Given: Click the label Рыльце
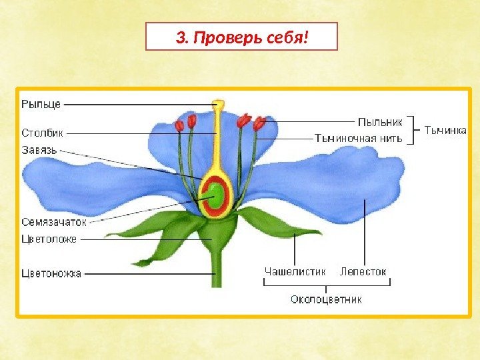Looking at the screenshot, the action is pos(41,103).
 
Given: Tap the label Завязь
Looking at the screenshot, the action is pos(40,150).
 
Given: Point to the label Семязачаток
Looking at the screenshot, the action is pos(54,222).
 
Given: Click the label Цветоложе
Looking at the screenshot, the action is pos(49,239).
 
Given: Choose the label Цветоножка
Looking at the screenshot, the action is pos(51,273).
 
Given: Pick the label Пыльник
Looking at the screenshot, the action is pos(381,122).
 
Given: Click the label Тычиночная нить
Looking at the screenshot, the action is pos(358,139).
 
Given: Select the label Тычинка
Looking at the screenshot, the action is pos(445,131).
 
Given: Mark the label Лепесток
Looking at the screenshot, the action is pos(363,272).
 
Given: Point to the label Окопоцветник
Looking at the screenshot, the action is pos(326,299).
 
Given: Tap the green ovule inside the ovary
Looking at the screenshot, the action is pos(215,195).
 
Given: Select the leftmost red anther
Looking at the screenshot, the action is pos(179,125).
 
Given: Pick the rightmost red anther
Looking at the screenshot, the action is pos(259,123).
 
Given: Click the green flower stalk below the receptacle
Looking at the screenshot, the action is pos(216,270).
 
